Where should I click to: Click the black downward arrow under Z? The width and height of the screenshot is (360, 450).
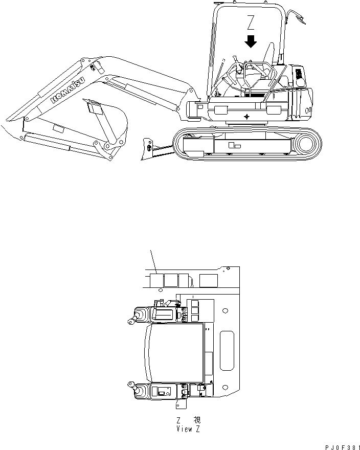pos(251,41)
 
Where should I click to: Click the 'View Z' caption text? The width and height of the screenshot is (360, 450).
pos(184,429)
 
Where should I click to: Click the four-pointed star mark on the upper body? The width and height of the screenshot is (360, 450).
pos(247,117)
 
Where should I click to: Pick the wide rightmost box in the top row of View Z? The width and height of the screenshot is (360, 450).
pos(209,280)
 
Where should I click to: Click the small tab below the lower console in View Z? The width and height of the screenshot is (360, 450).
pos(181,404)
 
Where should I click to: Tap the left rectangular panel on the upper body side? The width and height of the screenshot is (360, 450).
pos(221,110)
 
